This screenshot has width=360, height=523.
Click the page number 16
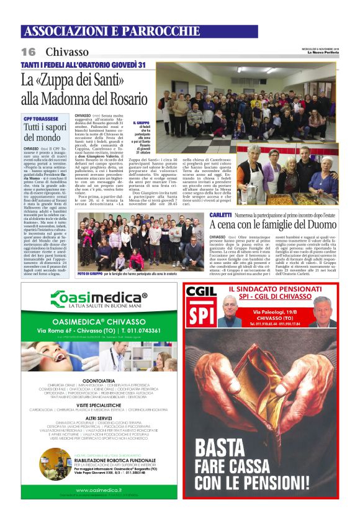[29, 52]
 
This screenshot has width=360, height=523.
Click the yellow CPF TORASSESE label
[41, 118]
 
